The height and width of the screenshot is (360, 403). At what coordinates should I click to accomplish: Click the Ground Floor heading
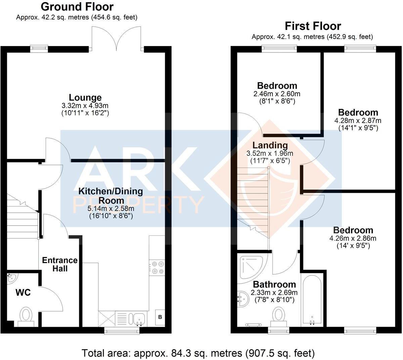tap(77, 7)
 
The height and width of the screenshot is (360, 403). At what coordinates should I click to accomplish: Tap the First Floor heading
tap(313, 26)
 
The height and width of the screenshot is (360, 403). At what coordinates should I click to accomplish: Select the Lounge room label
tap(85, 97)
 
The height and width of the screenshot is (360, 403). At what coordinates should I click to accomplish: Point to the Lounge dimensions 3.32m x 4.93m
tap(85, 105)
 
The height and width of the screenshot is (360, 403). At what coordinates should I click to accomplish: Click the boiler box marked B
tap(160, 317)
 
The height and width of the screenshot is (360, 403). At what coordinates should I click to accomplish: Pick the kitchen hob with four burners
tap(157, 268)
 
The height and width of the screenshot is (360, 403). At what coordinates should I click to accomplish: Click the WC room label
tap(23, 292)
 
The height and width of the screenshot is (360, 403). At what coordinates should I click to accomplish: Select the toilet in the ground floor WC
tap(26, 317)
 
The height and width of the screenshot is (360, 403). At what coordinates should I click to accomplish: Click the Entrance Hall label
tap(60, 264)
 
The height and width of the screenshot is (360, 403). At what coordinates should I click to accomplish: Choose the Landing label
tap(270, 145)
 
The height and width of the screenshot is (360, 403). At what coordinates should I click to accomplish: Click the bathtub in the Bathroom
tap(312, 301)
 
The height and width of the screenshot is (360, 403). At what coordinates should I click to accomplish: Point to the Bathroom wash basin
tap(243, 299)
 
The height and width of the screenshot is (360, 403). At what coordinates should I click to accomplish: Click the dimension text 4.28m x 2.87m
tap(358, 121)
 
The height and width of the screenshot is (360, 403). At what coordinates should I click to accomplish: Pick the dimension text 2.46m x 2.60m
tap(277, 94)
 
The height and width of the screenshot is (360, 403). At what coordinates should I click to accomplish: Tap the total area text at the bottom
tap(198, 353)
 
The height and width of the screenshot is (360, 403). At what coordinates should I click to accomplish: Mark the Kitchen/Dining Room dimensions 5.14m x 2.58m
tap(111, 209)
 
